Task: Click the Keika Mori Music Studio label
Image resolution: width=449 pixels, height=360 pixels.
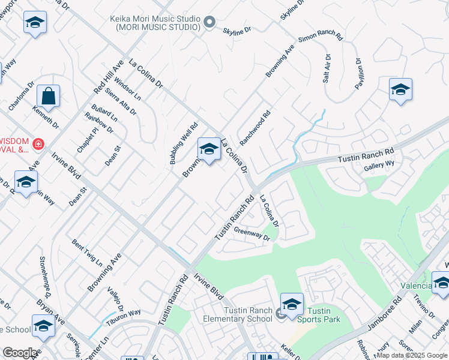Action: click(155, 23)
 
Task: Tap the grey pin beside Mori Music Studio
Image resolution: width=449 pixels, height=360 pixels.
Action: click(209, 23)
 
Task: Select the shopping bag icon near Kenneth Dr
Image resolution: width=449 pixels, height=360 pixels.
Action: click(48, 96)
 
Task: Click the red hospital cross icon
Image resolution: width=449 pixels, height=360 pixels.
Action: click(38, 144)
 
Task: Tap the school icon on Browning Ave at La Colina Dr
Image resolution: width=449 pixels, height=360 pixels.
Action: click(209, 149)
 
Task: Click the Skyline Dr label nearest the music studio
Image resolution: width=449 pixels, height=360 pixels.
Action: click(237, 29)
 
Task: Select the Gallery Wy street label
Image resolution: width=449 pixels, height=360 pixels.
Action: click(379, 163)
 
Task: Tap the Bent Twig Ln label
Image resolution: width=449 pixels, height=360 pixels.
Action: click(87, 253)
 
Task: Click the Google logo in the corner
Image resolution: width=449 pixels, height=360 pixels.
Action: click(20, 353)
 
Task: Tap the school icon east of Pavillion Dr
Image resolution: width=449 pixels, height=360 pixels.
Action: click(400, 90)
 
